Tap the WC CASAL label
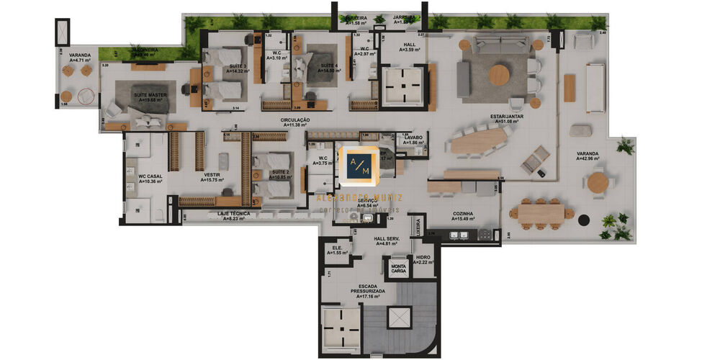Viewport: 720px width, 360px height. click(144, 177)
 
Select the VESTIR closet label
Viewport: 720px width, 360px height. click(211, 175)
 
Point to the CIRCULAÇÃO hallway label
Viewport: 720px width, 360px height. click(295, 120)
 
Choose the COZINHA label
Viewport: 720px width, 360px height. click(462, 213)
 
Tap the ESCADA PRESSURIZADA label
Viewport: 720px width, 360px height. click(367, 287)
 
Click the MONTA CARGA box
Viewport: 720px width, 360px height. click(398, 269)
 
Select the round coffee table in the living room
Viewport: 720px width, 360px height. click(499, 75)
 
